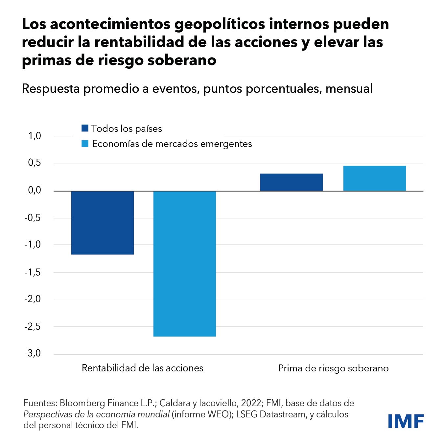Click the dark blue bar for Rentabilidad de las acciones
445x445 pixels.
(103, 222)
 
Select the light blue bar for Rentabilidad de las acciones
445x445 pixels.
(185, 264)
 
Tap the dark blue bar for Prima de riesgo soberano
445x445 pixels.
(291, 182)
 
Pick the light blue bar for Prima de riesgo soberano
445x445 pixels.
(375, 178)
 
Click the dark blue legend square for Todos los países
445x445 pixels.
(85, 128)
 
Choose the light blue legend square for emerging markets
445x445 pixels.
(85, 144)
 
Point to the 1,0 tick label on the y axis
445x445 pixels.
(35, 136)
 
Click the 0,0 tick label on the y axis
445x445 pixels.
(35, 190)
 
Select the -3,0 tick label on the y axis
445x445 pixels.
(33, 353)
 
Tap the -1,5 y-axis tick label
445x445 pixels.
(33, 272)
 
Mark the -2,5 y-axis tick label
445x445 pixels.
(33, 326)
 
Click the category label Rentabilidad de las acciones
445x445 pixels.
(142, 368)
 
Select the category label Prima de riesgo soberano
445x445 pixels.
(333, 368)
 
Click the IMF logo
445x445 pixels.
(406, 421)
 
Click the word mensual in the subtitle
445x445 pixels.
(349, 89)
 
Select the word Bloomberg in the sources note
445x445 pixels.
(83, 403)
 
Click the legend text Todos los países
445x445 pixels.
(127, 129)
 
